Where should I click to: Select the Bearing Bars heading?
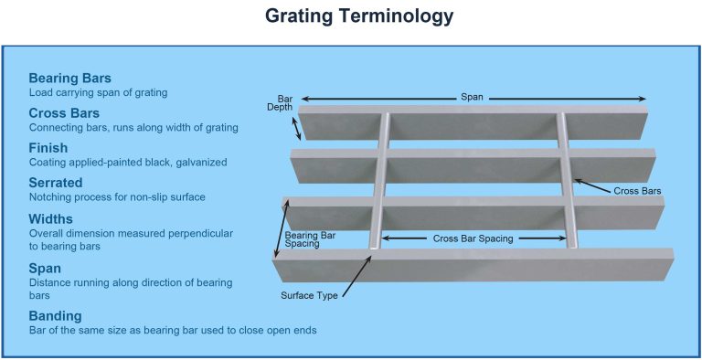click(69, 78)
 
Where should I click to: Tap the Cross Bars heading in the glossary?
click(64, 112)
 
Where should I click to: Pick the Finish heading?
click(48, 147)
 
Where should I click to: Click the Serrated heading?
click(58, 182)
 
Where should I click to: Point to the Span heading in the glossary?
click(45, 269)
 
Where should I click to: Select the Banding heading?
click(57, 315)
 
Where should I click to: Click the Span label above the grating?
click(473, 97)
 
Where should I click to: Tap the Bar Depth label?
click(284, 102)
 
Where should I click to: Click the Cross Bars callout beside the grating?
click(637, 191)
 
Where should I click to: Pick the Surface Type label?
click(310, 294)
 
